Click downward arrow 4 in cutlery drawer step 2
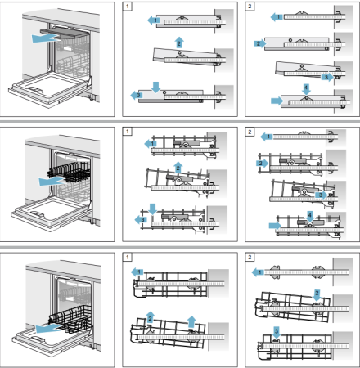point(306,87)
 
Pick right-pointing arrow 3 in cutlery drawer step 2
point(327,77)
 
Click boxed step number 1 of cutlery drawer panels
point(128,7)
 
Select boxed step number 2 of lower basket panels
point(250,256)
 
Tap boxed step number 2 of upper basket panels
point(250,131)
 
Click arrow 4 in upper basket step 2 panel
point(310,214)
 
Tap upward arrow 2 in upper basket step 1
point(178,168)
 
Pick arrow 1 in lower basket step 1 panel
point(139,271)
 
